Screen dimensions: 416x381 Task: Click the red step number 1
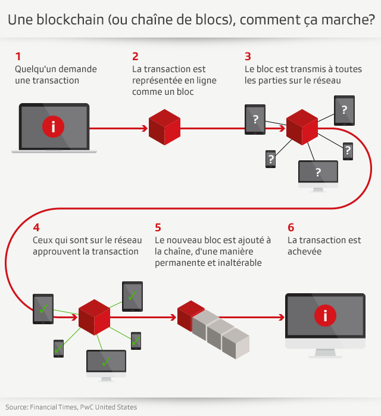[x=18, y=57]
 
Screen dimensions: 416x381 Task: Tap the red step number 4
[x=36, y=227]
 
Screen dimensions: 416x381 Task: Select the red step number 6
[x=291, y=227]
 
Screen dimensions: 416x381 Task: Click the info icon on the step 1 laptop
[x=54, y=127]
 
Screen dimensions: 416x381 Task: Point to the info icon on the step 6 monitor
[x=324, y=316]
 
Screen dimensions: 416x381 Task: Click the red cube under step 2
[x=164, y=128]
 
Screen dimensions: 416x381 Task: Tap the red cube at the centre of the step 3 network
[x=302, y=125]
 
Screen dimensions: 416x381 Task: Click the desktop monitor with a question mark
[x=318, y=173]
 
